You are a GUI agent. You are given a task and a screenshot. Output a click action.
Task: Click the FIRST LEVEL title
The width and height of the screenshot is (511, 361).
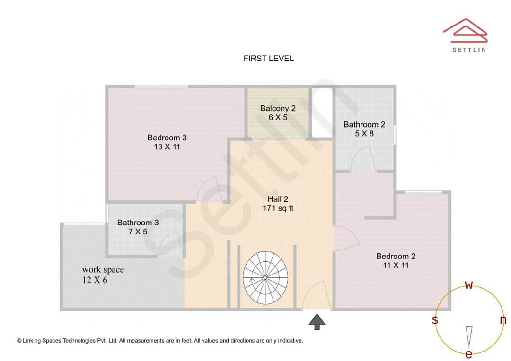point(268,59)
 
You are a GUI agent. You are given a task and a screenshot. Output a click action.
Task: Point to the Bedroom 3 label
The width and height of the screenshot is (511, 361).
point(167,138)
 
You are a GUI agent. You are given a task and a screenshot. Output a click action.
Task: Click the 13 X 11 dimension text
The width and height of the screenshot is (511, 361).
point(167,147)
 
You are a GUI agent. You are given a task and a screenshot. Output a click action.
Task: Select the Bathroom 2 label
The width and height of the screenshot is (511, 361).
point(364,124)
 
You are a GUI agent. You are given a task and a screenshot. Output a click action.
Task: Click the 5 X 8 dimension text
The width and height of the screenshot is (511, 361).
point(364,134)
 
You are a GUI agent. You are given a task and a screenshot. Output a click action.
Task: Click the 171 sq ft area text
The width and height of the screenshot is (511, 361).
point(278,208)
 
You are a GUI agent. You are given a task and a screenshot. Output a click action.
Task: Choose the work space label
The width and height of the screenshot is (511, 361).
point(103,270)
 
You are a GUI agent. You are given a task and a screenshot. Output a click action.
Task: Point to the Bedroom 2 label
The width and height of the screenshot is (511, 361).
point(396,256)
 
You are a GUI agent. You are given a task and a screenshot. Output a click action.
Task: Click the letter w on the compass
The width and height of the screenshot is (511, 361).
point(468,285)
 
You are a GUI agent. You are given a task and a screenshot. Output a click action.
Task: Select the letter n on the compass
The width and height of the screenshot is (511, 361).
point(502,320)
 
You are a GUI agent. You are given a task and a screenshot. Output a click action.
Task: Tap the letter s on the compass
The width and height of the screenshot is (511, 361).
point(434,320)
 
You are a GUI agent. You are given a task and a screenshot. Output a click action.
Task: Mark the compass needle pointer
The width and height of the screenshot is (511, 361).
point(469,336)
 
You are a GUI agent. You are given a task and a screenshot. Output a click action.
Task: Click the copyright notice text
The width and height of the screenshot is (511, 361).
point(160,340)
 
